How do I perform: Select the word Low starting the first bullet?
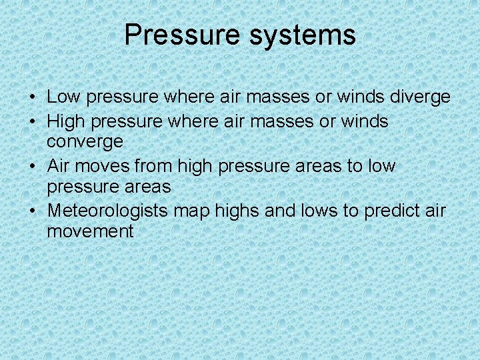pyautogui.click(x=63, y=97)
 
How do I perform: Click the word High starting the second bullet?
pyautogui.click(x=66, y=121)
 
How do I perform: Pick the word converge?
pyautogui.click(x=85, y=142)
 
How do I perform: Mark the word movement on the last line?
pyautogui.click(x=90, y=231)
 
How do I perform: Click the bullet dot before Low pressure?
pyautogui.click(x=32, y=97)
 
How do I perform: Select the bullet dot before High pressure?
pyautogui.click(x=32, y=121)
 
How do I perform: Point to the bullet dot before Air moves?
pyautogui.click(x=32, y=165)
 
